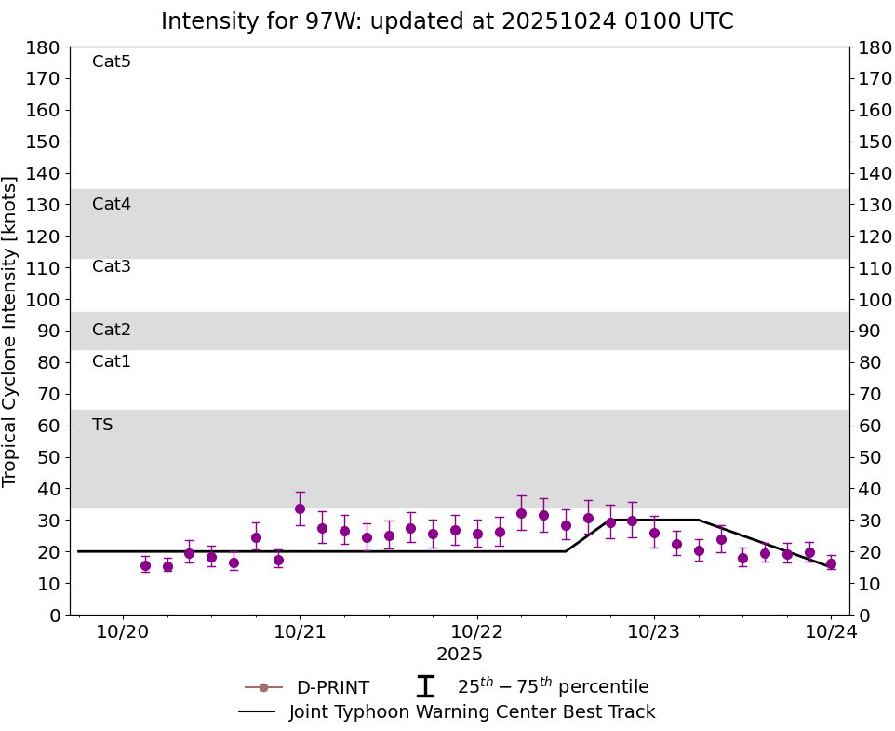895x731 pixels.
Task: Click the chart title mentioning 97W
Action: click(447, 21)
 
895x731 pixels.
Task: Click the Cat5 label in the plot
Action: click(111, 62)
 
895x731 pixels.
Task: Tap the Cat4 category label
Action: click(111, 205)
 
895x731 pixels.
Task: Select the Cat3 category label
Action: click(111, 267)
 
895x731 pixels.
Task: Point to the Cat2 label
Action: click(111, 331)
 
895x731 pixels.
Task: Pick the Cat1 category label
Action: click(111, 362)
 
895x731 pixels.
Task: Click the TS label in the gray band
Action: click(102, 426)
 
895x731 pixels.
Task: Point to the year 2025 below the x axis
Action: click(460, 655)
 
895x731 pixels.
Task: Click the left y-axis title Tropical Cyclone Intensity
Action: click(11, 331)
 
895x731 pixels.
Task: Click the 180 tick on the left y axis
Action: click(43, 47)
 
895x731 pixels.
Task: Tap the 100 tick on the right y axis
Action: click(875, 300)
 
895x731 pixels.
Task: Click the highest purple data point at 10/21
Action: click(300, 508)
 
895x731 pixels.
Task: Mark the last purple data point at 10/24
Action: click(831, 563)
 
